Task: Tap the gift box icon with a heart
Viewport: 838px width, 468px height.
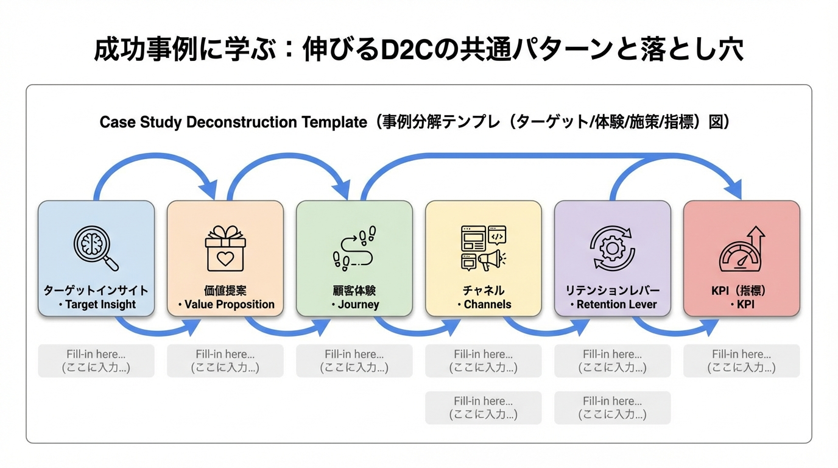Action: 225,248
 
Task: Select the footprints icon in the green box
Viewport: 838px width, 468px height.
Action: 354,249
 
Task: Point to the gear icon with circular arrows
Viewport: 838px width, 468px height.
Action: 612,248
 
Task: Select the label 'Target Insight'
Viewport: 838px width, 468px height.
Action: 100,304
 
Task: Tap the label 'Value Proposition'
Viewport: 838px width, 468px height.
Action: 229,304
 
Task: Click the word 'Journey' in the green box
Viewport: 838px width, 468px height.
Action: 358,304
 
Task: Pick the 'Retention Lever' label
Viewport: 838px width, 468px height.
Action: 616,304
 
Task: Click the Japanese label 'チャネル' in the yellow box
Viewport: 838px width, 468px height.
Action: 483,291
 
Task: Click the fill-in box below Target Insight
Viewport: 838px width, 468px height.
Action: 96,361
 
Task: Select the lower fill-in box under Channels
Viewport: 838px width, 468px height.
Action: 483,408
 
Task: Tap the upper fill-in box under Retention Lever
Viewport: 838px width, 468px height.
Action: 612,361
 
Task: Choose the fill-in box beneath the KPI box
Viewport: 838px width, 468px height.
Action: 741,361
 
